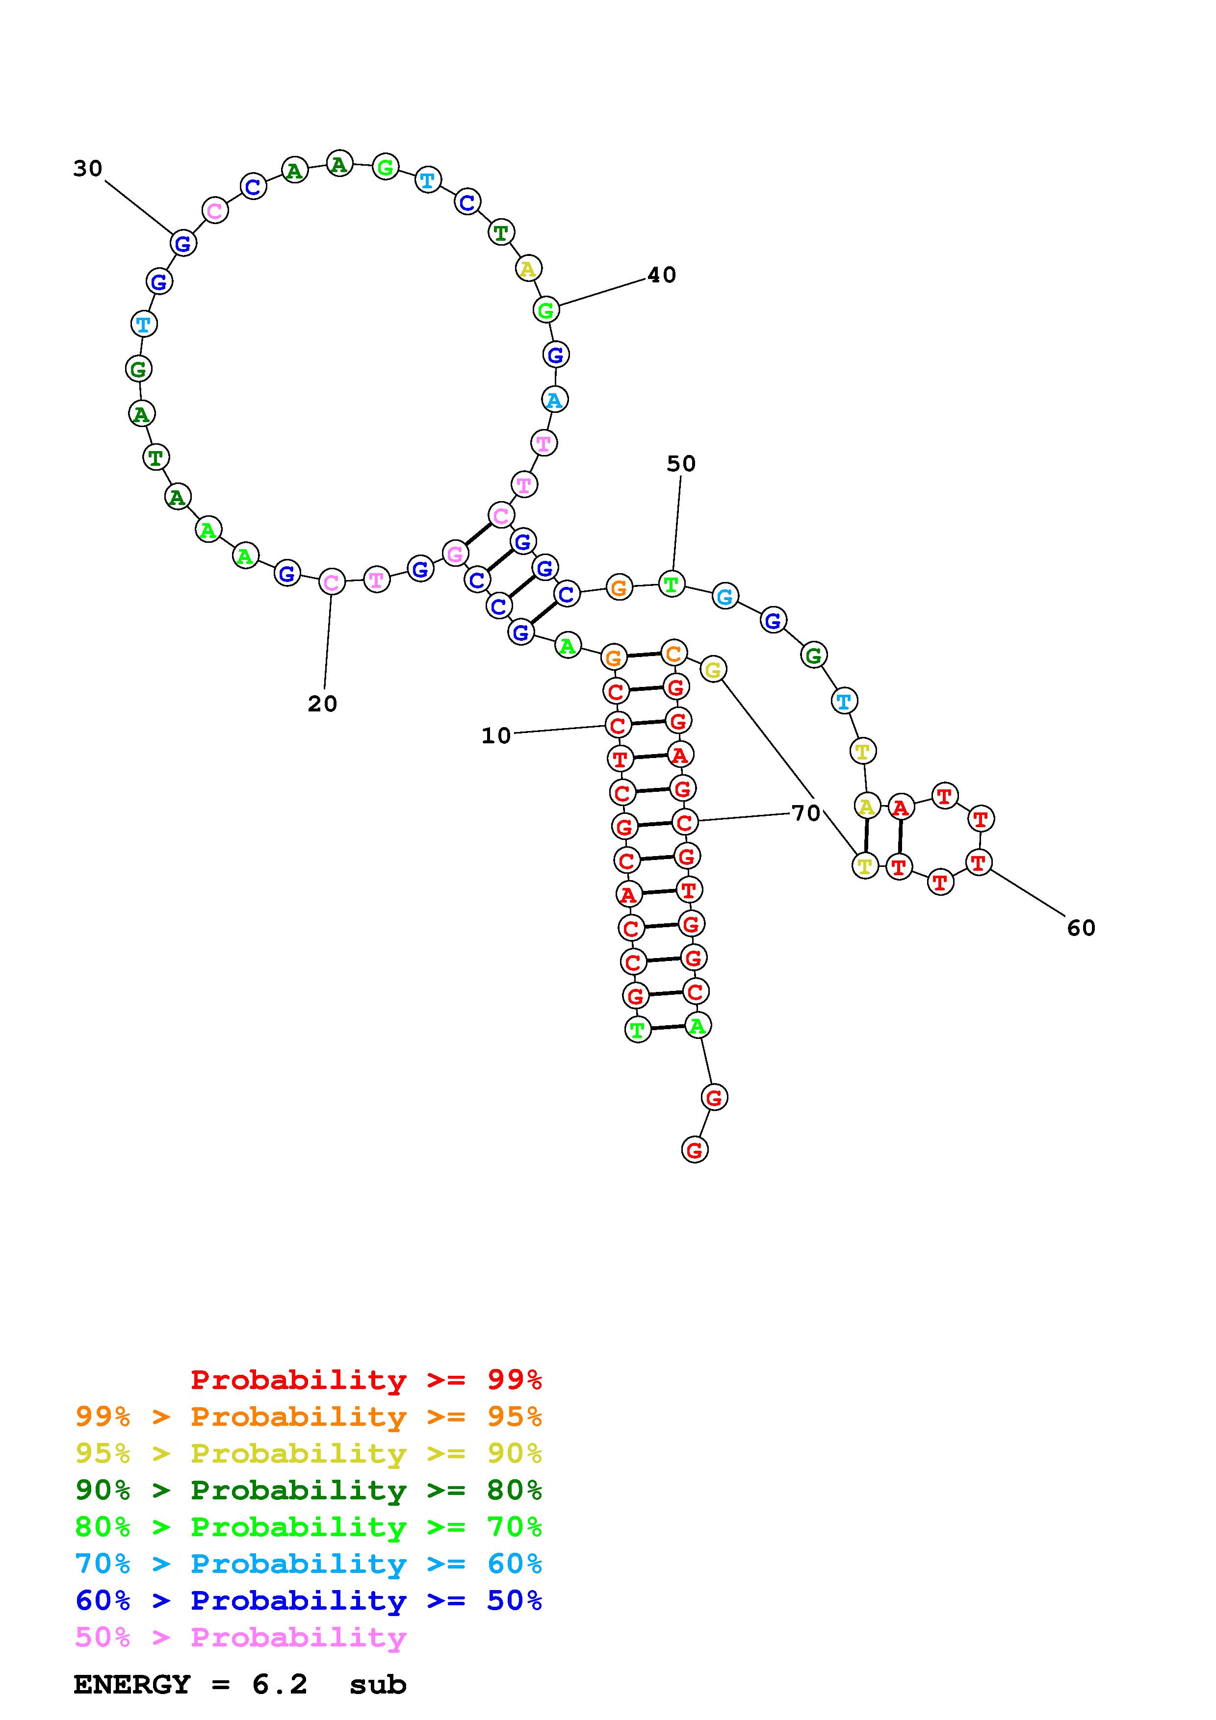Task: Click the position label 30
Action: pos(88,169)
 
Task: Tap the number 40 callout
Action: pos(662,275)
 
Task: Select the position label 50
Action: pos(681,464)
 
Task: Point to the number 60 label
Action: pos(1081,928)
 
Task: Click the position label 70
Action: pos(806,813)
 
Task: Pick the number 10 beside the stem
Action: pos(496,735)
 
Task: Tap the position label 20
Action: pos(323,704)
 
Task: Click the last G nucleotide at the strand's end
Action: pos(695,1149)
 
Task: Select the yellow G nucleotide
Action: pos(713,669)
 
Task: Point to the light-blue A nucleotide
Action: pos(554,399)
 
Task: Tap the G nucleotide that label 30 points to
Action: pos(183,243)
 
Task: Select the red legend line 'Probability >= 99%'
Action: pos(366,1380)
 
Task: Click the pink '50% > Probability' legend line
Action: pos(240,1638)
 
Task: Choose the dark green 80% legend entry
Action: pos(308,1491)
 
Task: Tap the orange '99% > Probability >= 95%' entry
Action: pos(308,1416)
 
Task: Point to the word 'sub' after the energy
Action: pos(378,1685)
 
